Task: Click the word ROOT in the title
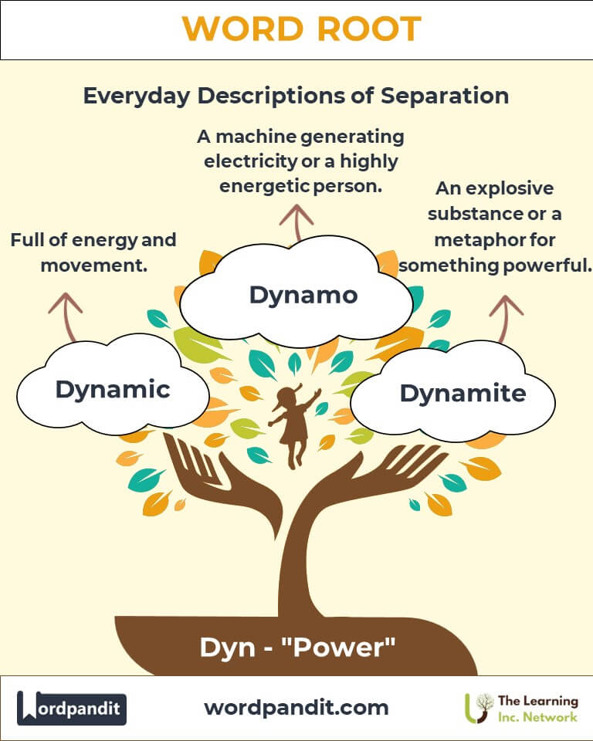click(x=369, y=29)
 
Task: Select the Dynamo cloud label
click(x=303, y=294)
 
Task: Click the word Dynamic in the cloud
click(x=113, y=389)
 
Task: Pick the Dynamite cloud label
click(x=463, y=393)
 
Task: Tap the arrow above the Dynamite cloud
click(x=506, y=316)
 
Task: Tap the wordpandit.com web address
click(x=296, y=707)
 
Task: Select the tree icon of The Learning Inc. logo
click(x=480, y=707)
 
